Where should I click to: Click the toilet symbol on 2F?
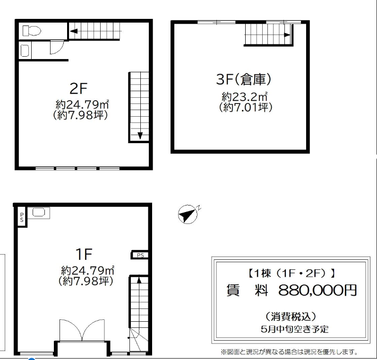32,31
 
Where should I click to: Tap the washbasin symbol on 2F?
25,51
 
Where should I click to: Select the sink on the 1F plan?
39,212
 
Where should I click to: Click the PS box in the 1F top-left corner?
22,217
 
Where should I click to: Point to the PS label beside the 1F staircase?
140,255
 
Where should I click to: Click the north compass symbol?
188,214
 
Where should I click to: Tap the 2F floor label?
78,88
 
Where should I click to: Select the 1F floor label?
84,254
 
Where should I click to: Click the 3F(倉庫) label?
244,79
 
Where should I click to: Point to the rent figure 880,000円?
317,290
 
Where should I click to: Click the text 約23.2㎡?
245,97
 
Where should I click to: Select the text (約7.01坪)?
246,107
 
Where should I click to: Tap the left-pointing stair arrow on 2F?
74,31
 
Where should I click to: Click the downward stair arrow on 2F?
140,136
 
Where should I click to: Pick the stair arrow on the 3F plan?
287,35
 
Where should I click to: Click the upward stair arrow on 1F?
139,281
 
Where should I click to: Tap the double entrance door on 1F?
82,330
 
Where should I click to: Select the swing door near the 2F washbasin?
57,47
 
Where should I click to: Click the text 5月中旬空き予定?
294,329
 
